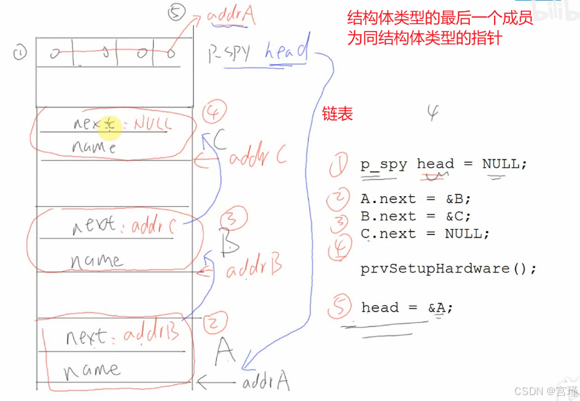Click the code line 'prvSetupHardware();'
(x=449, y=268)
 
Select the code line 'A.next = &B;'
(x=416, y=199)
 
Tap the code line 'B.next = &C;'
(x=416, y=216)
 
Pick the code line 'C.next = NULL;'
(x=425, y=233)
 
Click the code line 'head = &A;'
(x=407, y=308)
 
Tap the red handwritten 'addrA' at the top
(x=231, y=16)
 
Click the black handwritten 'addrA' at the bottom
(x=265, y=381)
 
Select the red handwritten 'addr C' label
(x=257, y=157)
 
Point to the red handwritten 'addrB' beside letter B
(x=254, y=267)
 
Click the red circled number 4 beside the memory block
(x=213, y=112)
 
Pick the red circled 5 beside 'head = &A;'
(x=339, y=307)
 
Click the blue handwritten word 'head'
(x=286, y=51)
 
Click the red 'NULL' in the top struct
(x=152, y=123)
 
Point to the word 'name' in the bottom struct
(x=91, y=369)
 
